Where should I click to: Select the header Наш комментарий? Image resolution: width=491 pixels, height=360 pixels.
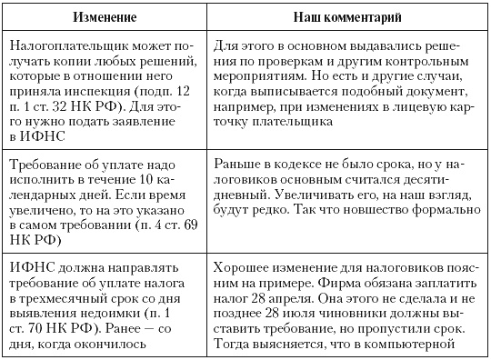coord(346,16)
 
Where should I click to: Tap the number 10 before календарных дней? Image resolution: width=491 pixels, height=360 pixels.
coord(162,181)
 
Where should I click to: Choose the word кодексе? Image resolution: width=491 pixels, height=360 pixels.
coord(305,165)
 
